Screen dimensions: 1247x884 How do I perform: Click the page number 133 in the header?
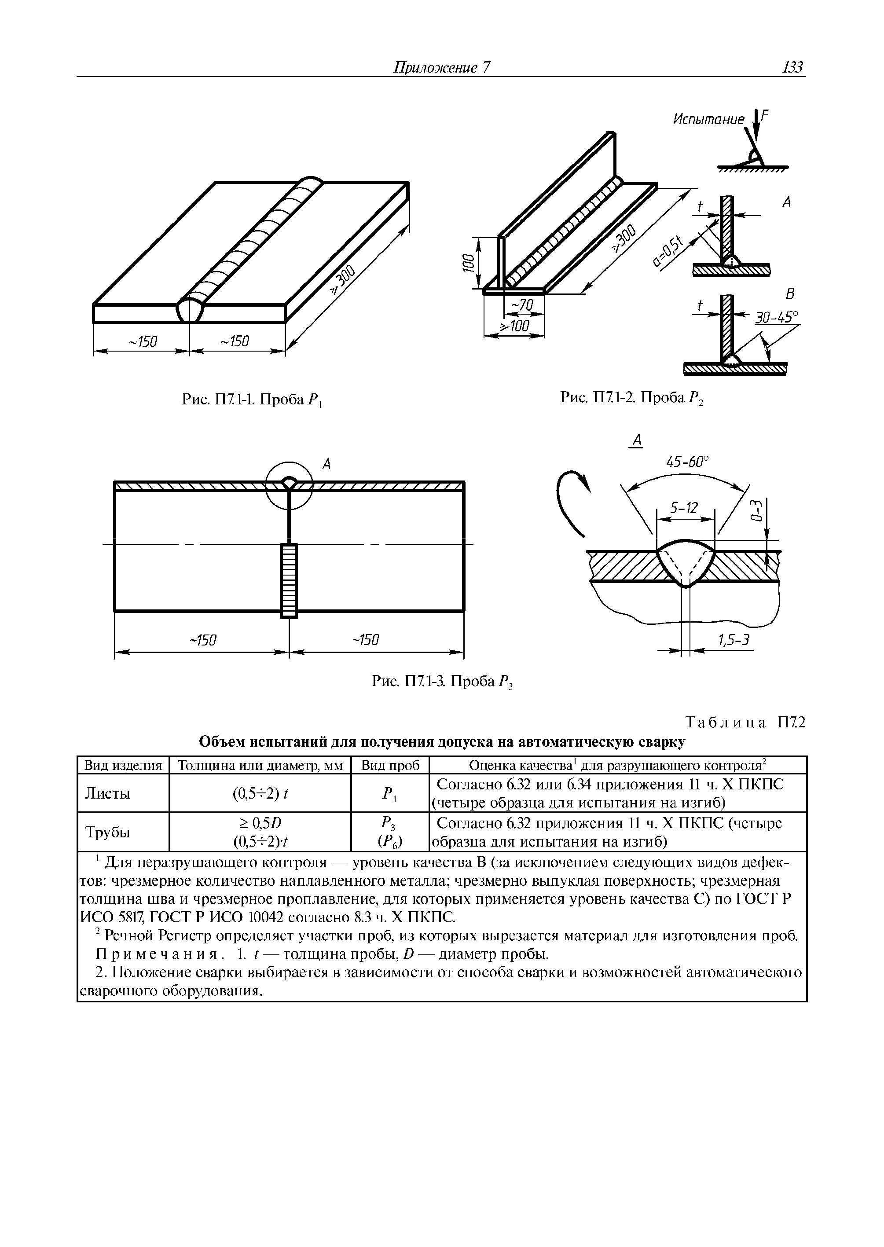(x=792, y=67)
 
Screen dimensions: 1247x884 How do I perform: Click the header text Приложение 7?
(x=442, y=67)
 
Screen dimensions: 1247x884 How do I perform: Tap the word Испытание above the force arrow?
(x=708, y=119)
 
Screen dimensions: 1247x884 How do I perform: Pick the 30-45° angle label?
(x=776, y=317)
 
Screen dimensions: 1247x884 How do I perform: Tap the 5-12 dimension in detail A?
(x=684, y=508)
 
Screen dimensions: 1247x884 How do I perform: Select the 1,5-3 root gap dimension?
(x=734, y=641)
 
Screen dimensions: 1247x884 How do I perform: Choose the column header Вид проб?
(x=390, y=766)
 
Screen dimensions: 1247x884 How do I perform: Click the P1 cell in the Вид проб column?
(x=390, y=794)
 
